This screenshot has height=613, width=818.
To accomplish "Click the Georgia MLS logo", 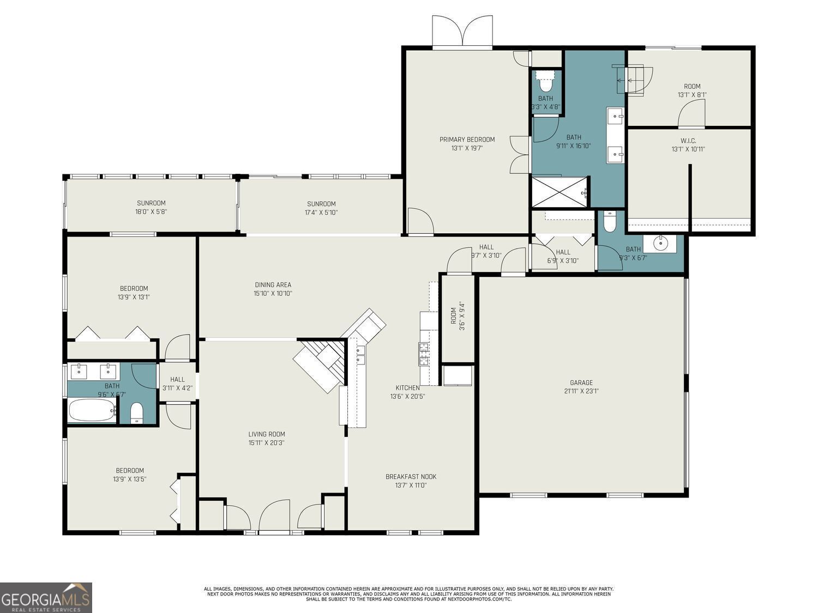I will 46,597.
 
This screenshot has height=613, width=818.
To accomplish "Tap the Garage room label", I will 581,383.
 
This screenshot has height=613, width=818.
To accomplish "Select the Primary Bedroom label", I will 467,139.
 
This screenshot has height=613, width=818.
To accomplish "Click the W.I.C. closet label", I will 688,141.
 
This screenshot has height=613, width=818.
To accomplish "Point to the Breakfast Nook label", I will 411,477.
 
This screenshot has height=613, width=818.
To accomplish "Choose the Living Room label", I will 267,434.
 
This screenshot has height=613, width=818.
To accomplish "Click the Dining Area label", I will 273,284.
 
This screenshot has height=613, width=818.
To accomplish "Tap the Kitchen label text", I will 407,388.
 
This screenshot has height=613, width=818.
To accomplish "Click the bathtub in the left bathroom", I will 92,410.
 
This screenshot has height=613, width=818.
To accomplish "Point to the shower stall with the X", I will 560,192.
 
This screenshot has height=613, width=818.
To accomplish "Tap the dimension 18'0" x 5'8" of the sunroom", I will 151,212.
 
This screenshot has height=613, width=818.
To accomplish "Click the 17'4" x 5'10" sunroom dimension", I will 321,213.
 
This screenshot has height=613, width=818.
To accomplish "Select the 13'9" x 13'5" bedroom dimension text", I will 130,479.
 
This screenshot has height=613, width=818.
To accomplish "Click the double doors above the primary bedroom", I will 462,32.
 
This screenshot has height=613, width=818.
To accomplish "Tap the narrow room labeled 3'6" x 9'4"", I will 457,319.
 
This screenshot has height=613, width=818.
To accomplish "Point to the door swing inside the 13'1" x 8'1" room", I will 691,114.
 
